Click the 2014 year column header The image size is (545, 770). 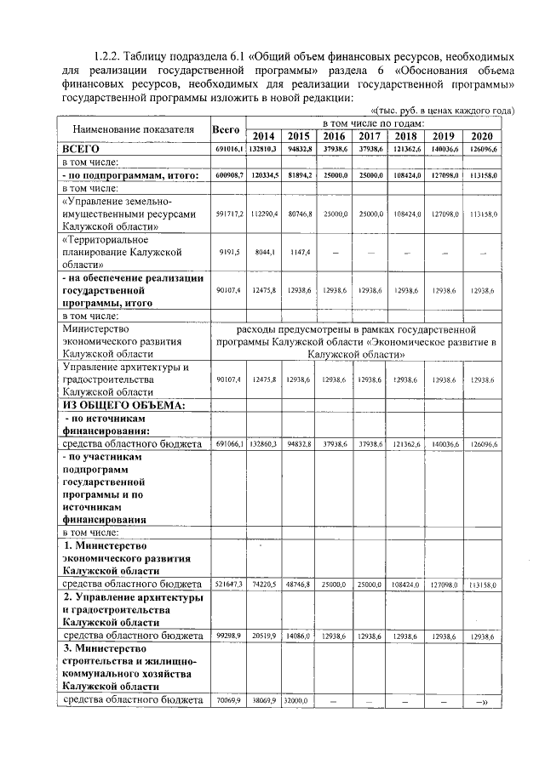click(265, 136)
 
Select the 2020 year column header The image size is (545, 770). click(481, 136)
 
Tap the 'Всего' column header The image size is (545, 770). click(227, 129)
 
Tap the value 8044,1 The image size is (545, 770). click(265, 253)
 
